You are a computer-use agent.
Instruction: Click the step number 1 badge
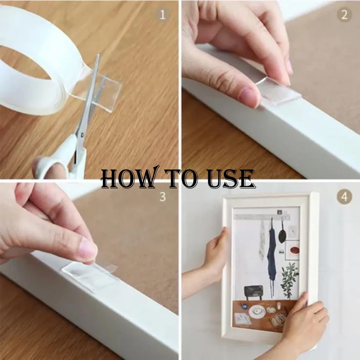pyautogui.click(x=162, y=15)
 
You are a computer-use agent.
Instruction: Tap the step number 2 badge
pyautogui.click(x=344, y=15)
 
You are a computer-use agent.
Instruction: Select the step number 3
pyautogui.click(x=163, y=197)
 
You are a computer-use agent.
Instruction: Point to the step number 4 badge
pyautogui.click(x=344, y=197)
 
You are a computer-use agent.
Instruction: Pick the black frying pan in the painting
pyautogui.click(x=282, y=232)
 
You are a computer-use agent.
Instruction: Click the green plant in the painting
pyautogui.click(x=289, y=280)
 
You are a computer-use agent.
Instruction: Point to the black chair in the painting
pyautogui.click(x=253, y=292)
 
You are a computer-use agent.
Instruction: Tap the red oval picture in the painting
pyautogui.click(x=294, y=250)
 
